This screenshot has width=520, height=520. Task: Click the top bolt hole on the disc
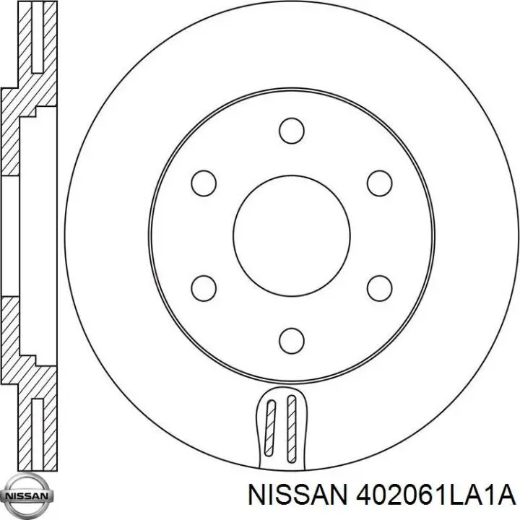coord(292,131)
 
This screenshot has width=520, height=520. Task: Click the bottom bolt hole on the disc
coord(292,341)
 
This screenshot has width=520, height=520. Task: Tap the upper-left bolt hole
coord(204,183)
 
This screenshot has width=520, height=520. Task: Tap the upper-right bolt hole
coord(380,183)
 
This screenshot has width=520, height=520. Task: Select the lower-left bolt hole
coord(204,288)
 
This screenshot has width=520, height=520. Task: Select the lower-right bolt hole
coord(380,288)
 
